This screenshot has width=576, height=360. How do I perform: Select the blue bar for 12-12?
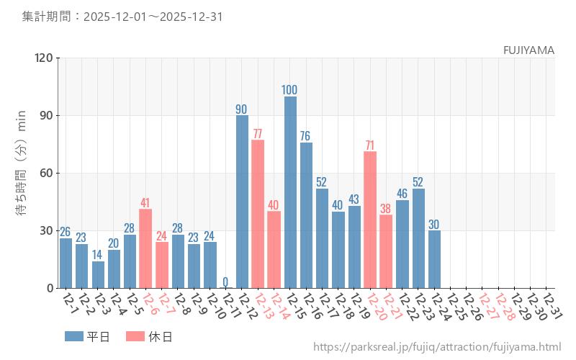pos(242,202)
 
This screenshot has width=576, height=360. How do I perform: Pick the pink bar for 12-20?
pos(370,220)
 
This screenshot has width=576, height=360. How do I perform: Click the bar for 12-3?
pos(98,274)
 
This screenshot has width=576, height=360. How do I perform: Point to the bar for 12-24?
pos(434,259)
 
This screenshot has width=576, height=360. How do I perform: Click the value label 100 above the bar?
pos(290,90)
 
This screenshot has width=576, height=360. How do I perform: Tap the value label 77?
pos(258,134)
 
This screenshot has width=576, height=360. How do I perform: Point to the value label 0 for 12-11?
pos(225,282)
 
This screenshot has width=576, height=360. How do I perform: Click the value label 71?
pos(370,145)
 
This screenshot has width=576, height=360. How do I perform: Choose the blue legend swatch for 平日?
pos(74,336)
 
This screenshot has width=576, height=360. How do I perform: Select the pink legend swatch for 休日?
pos(135,336)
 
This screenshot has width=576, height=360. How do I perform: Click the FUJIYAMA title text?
pos(528,50)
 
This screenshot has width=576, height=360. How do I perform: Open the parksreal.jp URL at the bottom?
pos(437,347)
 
